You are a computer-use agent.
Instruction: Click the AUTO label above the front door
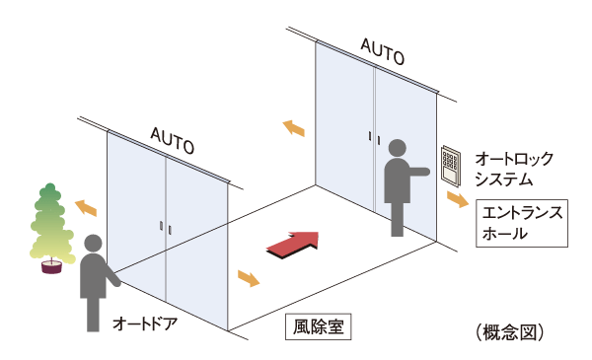click(x=173, y=139)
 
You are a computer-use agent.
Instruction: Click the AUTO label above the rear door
click(x=381, y=50)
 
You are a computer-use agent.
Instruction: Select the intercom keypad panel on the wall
click(x=451, y=166)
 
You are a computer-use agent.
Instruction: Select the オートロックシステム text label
click(x=513, y=168)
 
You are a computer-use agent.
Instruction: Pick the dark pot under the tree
click(x=49, y=265)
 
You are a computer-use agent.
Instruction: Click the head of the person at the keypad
click(x=398, y=149)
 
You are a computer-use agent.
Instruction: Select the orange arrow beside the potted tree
click(x=86, y=206)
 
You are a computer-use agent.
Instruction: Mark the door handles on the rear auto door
click(x=372, y=137)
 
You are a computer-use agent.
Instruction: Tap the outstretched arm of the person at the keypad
click(x=420, y=172)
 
